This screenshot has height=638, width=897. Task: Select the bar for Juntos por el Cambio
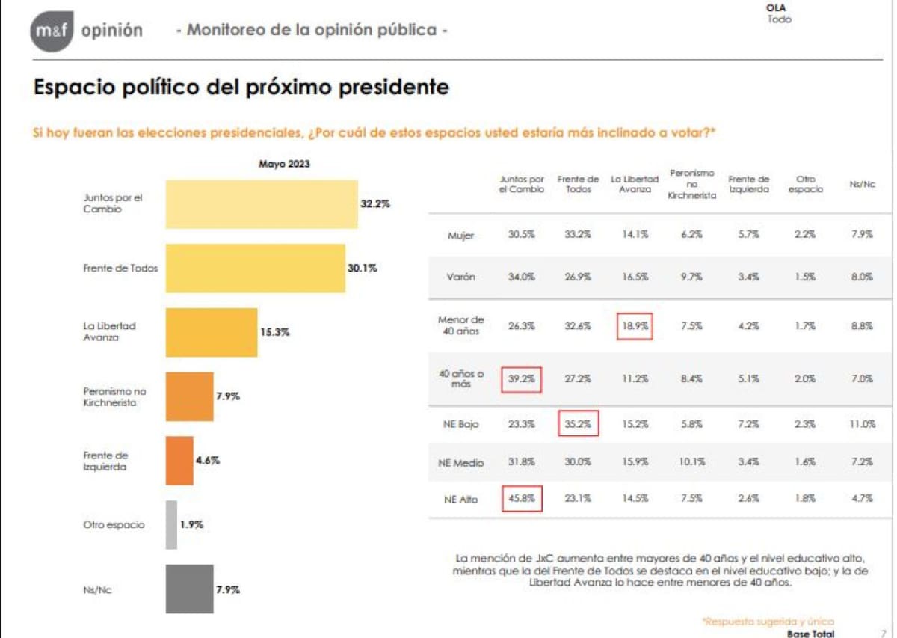262,204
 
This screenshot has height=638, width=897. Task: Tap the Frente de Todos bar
255,268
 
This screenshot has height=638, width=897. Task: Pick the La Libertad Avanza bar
212,332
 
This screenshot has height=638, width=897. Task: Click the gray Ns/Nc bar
189,589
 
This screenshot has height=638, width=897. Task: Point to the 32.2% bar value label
377,203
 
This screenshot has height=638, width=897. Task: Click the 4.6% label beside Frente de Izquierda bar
208,461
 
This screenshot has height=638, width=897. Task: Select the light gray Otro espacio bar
171,525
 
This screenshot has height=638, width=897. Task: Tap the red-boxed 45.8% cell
521,500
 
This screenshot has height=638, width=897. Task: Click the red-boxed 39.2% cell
521,379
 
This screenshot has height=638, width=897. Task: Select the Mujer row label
461,236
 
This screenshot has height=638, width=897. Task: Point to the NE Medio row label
460,463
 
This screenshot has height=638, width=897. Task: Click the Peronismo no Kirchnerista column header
692,184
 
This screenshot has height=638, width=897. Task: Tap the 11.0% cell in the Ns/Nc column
861,424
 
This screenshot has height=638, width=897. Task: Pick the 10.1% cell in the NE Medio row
691,462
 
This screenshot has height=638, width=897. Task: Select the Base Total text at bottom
810,633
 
